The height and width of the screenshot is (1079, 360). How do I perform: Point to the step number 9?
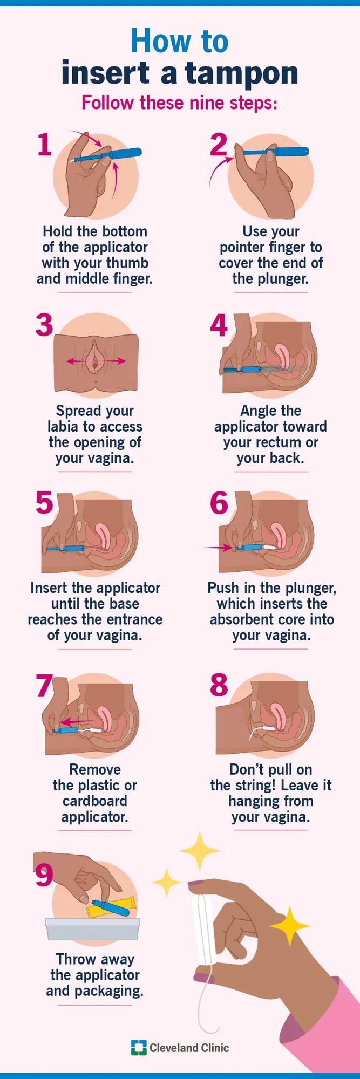(x=44, y=876)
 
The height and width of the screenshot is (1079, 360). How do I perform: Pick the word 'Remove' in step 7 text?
(x=95, y=769)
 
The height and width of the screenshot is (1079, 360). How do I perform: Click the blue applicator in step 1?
(x=107, y=155)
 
